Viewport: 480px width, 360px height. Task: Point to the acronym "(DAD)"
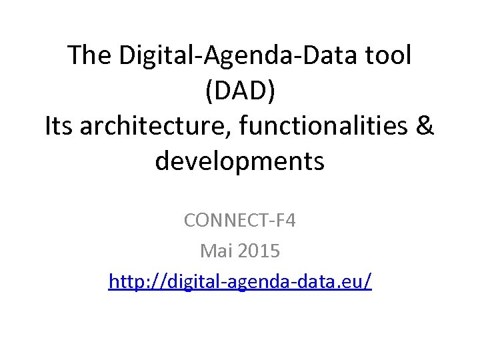coord(240,91)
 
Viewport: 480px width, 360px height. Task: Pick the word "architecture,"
coord(151,126)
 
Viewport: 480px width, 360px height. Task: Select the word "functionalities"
coord(321,126)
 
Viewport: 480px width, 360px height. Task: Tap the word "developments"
coord(240,161)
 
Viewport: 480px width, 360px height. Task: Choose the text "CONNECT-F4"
coord(240,219)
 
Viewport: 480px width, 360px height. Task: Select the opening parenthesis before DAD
coord(209,91)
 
